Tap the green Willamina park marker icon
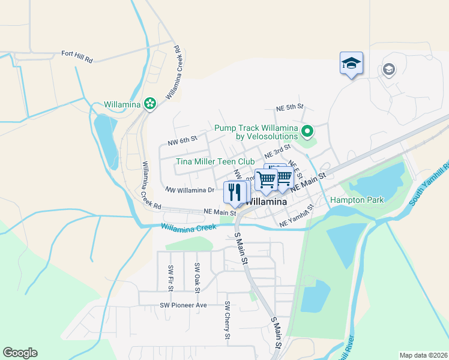point(150,104)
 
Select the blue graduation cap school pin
point(352,63)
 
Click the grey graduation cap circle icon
point(389,70)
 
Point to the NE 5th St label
point(291,107)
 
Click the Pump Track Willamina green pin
point(307,130)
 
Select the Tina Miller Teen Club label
point(215,161)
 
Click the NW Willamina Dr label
point(190,190)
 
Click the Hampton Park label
point(357,200)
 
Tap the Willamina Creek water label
point(188,227)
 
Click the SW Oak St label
point(197,274)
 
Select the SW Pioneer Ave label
point(182,305)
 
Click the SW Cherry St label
point(228,320)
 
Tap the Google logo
point(20,353)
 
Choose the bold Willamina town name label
point(268,202)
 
